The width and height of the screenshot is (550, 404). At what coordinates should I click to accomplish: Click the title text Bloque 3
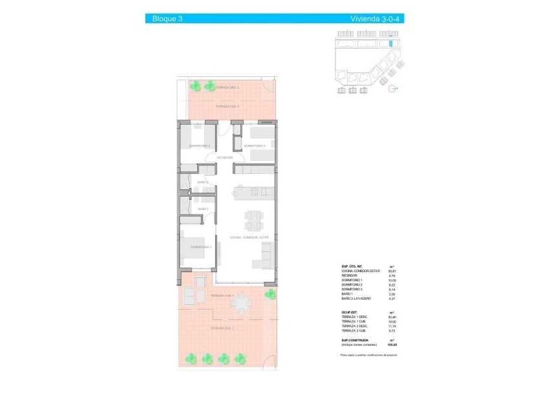pyautogui.click(x=167, y=19)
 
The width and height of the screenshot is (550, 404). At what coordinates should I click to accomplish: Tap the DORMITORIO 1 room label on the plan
pyautogui.click(x=201, y=248)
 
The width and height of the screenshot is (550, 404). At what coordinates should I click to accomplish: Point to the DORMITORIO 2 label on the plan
pyautogui.click(x=200, y=146)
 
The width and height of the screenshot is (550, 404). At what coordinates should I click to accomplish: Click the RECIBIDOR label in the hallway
pyautogui.click(x=225, y=157)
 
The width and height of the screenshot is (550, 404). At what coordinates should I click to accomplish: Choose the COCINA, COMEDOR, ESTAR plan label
pyautogui.click(x=249, y=237)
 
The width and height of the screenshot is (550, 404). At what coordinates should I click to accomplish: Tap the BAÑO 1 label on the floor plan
pyautogui.click(x=203, y=209)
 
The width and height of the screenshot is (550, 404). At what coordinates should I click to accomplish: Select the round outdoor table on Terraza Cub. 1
pyautogui.click(x=242, y=302)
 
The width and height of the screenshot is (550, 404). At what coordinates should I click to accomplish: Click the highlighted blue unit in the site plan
pyautogui.click(x=390, y=44)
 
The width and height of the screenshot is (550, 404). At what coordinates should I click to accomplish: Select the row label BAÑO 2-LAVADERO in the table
pyautogui.click(x=357, y=298)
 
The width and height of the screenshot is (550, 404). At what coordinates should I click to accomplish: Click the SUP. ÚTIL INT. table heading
pyautogui.click(x=354, y=266)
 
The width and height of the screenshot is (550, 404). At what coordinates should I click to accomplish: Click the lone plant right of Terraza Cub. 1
pyautogui.click(x=269, y=294)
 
